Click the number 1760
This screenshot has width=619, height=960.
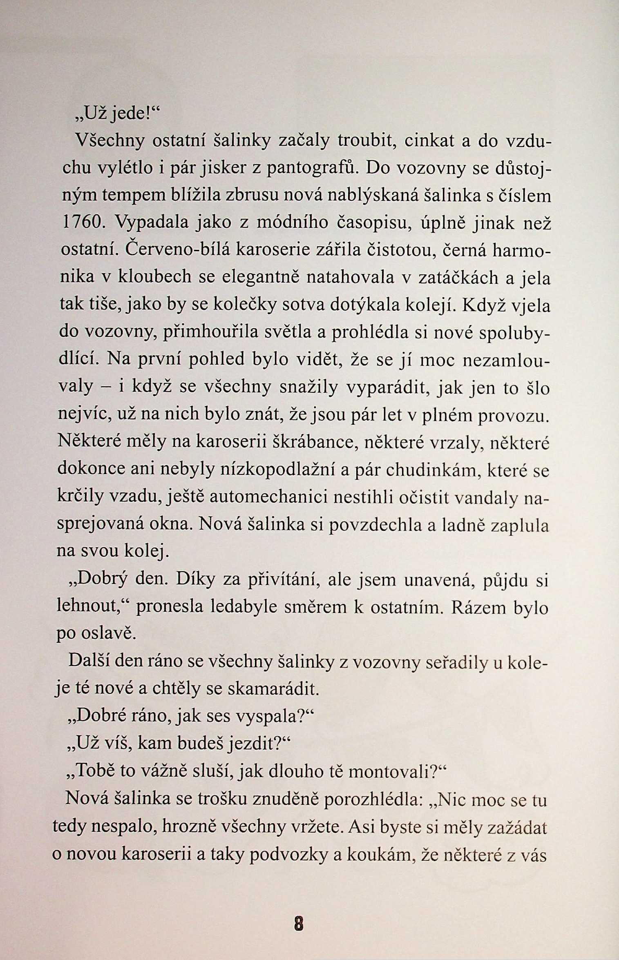[83, 223]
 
